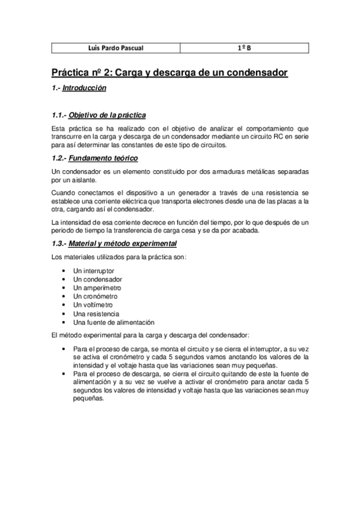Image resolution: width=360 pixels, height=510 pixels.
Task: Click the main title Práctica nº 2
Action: coord(169,73)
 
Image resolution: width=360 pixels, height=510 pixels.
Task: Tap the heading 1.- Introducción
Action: coord(79,88)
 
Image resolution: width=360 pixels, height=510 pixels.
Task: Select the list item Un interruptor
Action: coord(93,271)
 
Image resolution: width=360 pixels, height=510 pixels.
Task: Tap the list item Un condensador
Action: coord(97,280)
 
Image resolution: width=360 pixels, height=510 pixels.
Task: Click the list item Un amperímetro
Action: coord(97,288)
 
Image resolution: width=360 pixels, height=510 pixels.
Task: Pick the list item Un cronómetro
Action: coord(95,296)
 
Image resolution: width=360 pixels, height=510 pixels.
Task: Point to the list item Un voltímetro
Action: coord(94,305)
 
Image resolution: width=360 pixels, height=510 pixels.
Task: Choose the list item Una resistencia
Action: coord(96,313)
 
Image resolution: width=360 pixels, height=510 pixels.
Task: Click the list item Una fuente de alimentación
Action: coord(114,322)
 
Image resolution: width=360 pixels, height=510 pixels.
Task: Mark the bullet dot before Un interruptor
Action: coord(64,271)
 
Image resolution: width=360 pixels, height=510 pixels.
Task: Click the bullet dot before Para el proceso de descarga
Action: coord(64,373)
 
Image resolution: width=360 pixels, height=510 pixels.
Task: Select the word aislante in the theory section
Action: coord(79,180)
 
